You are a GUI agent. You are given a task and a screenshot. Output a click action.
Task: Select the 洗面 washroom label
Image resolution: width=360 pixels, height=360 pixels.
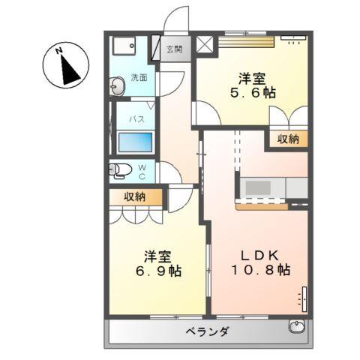(138, 77)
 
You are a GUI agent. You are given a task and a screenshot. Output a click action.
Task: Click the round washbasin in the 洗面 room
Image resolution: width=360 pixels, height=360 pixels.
(117, 89)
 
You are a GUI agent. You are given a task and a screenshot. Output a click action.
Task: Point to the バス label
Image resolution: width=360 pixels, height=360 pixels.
(136, 119)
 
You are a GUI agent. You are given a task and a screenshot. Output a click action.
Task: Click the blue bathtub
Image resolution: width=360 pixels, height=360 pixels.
(136, 142)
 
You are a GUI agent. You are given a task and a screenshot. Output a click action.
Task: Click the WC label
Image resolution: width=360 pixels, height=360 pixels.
(142, 172)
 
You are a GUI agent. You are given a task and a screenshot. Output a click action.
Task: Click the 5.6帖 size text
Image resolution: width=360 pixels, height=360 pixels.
(252, 93)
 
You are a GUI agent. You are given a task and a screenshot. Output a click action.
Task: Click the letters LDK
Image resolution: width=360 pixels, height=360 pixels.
(259, 253)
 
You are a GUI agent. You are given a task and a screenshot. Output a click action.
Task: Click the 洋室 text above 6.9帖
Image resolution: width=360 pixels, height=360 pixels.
(159, 255)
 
